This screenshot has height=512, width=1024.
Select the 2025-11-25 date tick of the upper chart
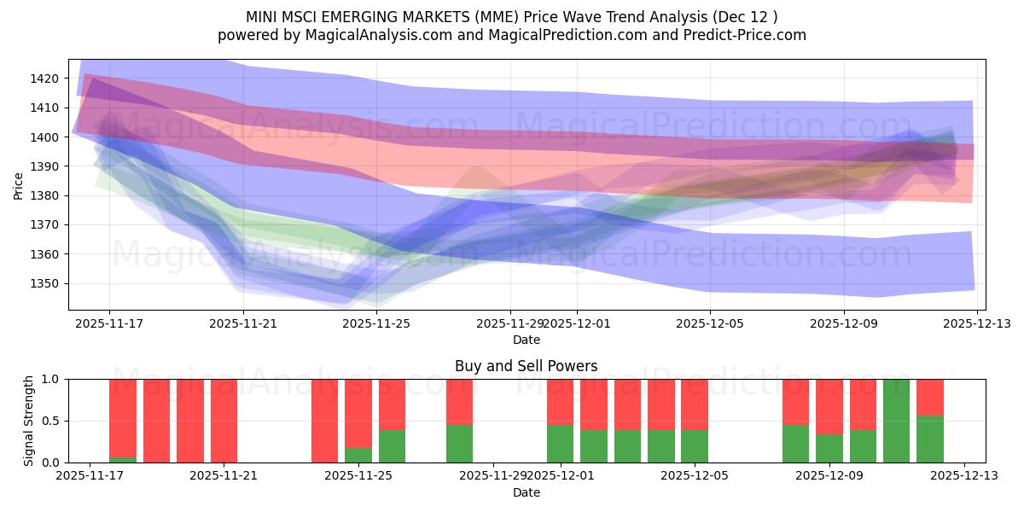point(377,323)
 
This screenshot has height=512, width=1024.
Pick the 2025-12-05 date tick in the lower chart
point(695,476)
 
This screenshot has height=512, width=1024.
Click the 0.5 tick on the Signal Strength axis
point(51,421)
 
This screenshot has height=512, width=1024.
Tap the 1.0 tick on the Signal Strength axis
point(51,379)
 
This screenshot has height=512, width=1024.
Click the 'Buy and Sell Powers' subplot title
point(527,366)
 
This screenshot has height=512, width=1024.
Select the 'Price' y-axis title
point(19,184)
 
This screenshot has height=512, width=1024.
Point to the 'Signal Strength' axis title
point(29,421)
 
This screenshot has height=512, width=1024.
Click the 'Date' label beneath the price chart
point(527,340)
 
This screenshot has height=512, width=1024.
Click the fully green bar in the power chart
point(896,421)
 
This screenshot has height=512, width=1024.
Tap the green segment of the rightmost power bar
point(930,439)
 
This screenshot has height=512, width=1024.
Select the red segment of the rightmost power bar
point(930,397)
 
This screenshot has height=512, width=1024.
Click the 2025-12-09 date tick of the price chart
point(844,323)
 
